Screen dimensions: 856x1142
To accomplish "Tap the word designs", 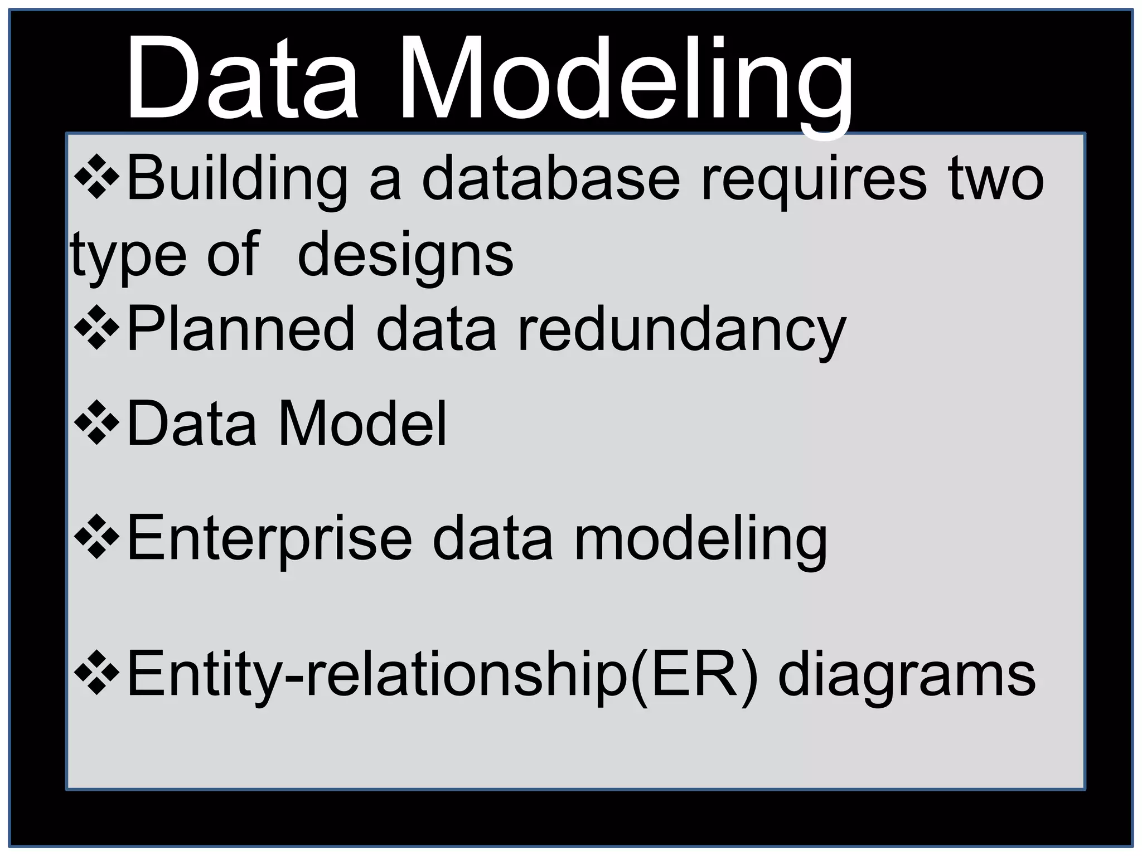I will click(405, 255).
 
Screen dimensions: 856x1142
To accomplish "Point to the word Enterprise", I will click(270, 538).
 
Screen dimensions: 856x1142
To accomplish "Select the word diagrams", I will click(907, 674).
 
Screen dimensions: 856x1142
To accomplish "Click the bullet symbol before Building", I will click(96, 178).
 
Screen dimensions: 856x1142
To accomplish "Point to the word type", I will click(129, 255).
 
